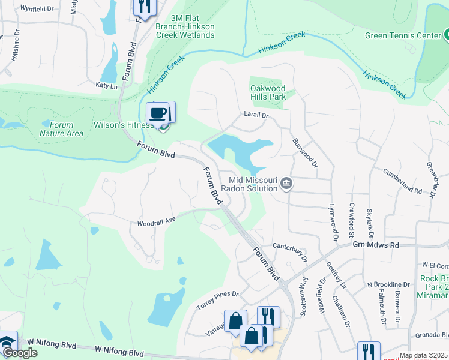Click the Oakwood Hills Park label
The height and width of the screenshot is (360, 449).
267,92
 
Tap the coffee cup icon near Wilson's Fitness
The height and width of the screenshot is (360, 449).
158,113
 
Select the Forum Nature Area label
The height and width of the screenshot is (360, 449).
62,129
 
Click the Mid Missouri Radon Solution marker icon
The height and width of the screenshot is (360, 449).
286,183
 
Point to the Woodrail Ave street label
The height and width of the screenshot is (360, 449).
156,221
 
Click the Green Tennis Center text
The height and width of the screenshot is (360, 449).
403,35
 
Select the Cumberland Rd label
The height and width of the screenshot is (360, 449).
402,181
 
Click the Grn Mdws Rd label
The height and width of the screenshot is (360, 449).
375,245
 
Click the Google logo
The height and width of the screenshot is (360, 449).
19,353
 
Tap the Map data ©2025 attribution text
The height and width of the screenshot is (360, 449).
423,355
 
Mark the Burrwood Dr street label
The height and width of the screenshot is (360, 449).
304,153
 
